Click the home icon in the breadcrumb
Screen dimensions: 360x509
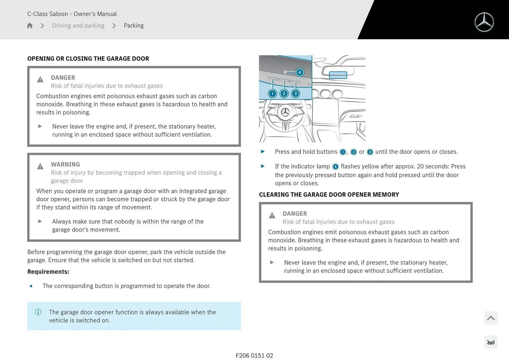pos(30,25)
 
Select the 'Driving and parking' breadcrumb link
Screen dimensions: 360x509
pos(78,25)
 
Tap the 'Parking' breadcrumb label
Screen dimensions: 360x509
pos(134,25)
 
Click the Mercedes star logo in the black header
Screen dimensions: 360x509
pos(484,22)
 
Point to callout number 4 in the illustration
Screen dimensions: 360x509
pos(300,72)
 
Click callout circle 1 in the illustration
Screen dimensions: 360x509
pos(272,94)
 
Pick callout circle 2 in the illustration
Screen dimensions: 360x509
pos(284,94)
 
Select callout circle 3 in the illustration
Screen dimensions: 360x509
pos(295,94)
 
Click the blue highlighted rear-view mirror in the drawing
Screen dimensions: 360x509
pos(338,75)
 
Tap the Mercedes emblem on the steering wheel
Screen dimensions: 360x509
pos(285,112)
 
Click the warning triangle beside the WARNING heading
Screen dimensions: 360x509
pos(40,166)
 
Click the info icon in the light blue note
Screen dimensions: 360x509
pos(38,312)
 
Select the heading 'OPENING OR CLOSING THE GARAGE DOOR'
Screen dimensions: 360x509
pos(88,59)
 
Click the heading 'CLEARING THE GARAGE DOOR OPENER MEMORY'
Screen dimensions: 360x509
pos(329,195)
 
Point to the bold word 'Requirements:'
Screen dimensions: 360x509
pos(48,272)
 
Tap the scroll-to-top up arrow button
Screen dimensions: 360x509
pos(490,318)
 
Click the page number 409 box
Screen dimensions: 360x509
pos(490,343)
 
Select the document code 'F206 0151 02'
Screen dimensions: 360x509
pos(254,355)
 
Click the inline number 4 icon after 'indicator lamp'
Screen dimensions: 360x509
pos(335,167)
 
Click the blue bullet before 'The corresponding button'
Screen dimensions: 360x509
pos(31,286)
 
